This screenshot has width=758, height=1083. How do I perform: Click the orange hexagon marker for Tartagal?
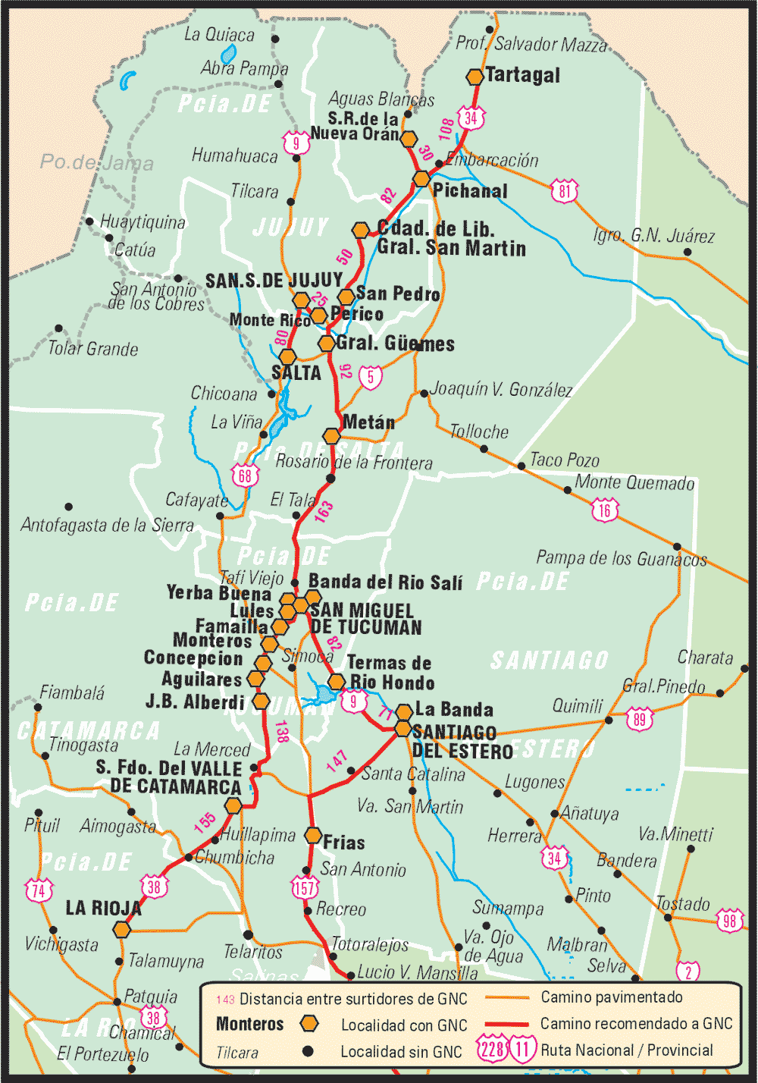click(x=475, y=77)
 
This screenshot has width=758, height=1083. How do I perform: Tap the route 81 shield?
click(x=565, y=190)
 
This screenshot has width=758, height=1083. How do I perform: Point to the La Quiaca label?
click(x=219, y=35)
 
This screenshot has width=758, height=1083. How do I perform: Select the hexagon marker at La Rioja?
click(x=122, y=929)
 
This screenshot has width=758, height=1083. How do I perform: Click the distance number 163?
click(x=324, y=512)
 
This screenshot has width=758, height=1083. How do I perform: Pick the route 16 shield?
click(x=604, y=510)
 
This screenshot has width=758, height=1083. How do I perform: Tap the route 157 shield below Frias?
click(x=305, y=887)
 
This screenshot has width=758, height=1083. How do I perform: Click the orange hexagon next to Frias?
click(x=313, y=836)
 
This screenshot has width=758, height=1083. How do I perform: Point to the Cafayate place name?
click(x=197, y=501)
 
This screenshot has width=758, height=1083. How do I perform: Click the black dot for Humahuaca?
click(x=296, y=158)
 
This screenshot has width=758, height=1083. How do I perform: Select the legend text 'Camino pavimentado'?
click(x=611, y=997)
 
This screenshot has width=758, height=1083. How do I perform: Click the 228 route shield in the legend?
click(x=492, y=1050)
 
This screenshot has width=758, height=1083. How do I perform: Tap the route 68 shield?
click(x=245, y=476)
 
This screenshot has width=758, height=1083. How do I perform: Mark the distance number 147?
click(x=337, y=761)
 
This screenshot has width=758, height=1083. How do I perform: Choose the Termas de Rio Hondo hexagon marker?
click(x=336, y=681)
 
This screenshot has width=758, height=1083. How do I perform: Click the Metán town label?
click(x=368, y=422)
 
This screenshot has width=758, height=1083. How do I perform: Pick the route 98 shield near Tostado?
click(x=729, y=921)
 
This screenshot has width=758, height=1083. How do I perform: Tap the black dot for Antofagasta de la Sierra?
click(x=69, y=507)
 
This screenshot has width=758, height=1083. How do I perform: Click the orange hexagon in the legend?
click(x=309, y=1024)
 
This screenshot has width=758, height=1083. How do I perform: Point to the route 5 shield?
click(x=370, y=376)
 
